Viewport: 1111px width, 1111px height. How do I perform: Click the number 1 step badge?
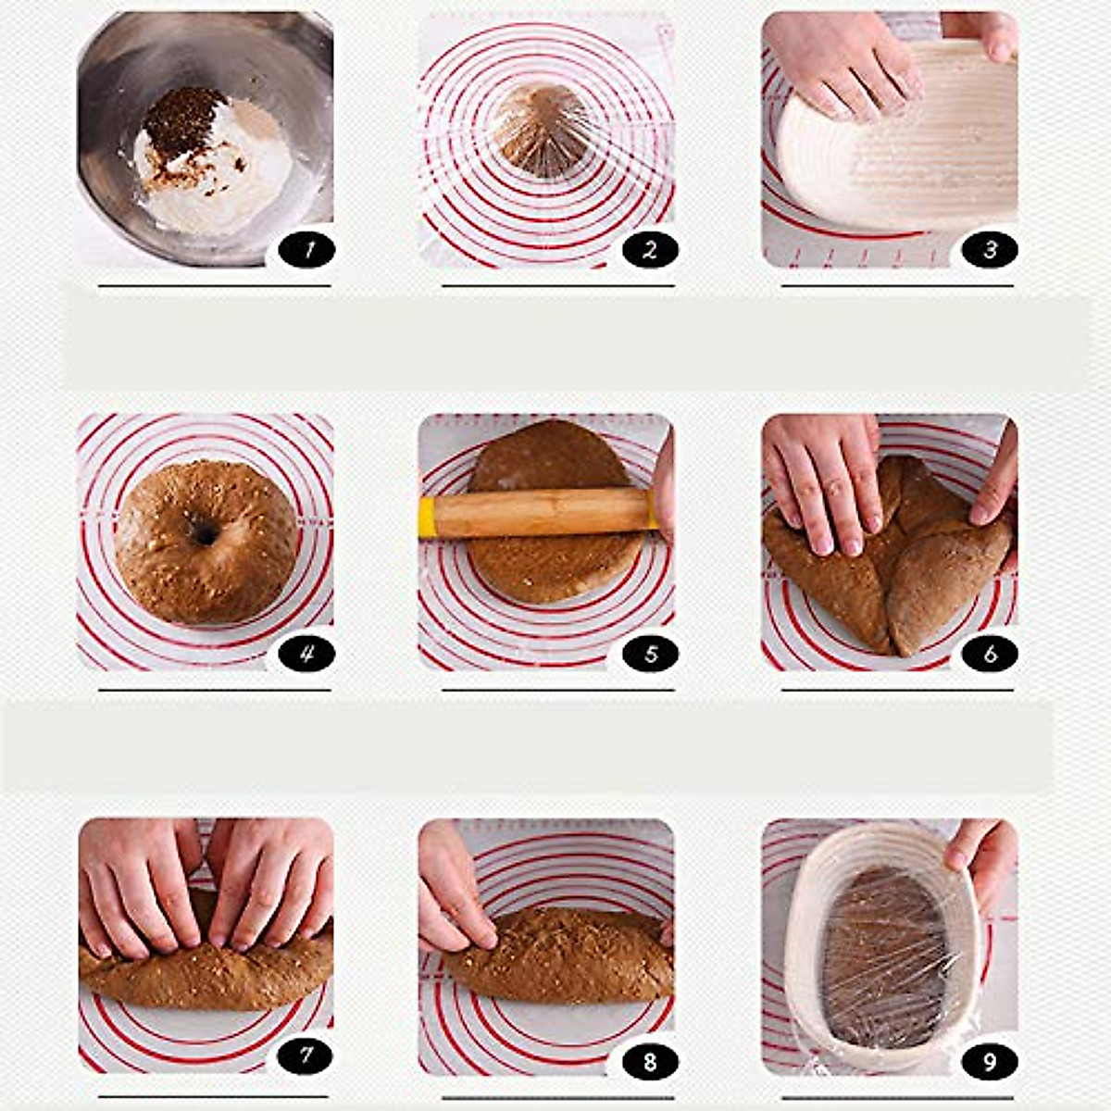click(x=306, y=249)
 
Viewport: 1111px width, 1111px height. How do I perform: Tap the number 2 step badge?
click(x=650, y=249)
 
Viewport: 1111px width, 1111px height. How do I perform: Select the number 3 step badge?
click(x=990, y=249)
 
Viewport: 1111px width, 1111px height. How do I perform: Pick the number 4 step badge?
click(x=306, y=654)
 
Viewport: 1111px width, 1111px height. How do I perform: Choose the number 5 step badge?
click(x=650, y=654)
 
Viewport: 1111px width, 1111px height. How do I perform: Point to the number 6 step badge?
click(x=990, y=654)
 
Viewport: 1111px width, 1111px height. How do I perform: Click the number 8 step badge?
click(x=650, y=1060)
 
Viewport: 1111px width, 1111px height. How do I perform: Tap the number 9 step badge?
click(x=990, y=1060)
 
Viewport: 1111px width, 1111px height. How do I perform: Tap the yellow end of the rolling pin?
click(x=427, y=517)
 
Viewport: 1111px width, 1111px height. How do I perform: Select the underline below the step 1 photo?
click(x=214, y=286)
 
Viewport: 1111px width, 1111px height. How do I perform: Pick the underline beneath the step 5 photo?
click(x=557, y=690)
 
